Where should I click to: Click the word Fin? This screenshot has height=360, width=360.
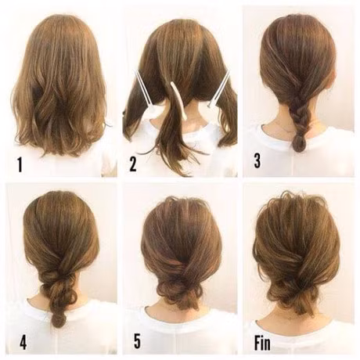click(262, 343)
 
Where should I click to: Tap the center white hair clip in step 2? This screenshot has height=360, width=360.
click(178, 100)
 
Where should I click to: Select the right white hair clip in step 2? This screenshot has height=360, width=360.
click(218, 90)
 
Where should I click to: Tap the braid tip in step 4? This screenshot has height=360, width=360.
click(59, 319)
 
